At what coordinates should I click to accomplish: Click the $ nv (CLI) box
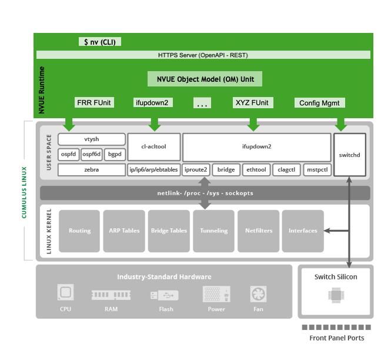click(x=101, y=42)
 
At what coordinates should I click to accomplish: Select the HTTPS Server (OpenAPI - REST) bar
click(x=203, y=55)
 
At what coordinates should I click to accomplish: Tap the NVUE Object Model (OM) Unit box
click(x=205, y=79)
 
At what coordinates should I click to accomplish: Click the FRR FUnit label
click(x=94, y=103)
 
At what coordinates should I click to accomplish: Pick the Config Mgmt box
click(x=319, y=103)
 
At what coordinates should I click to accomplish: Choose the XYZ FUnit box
click(x=253, y=103)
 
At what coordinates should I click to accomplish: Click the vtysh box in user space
click(x=92, y=139)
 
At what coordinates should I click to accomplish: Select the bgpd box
click(x=115, y=154)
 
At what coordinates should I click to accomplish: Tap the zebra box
click(x=92, y=170)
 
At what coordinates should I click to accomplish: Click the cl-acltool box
click(x=154, y=146)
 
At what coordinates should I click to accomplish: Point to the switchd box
click(x=349, y=155)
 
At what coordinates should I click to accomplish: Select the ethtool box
click(x=256, y=170)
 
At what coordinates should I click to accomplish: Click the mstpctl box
click(x=317, y=170)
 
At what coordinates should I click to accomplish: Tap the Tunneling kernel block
click(x=213, y=231)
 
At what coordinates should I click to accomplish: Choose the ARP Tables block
click(x=124, y=231)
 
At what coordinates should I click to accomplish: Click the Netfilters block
click(x=258, y=231)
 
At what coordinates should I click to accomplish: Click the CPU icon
click(x=65, y=293)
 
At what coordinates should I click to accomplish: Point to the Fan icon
click(x=258, y=293)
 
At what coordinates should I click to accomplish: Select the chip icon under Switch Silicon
click(x=336, y=296)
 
